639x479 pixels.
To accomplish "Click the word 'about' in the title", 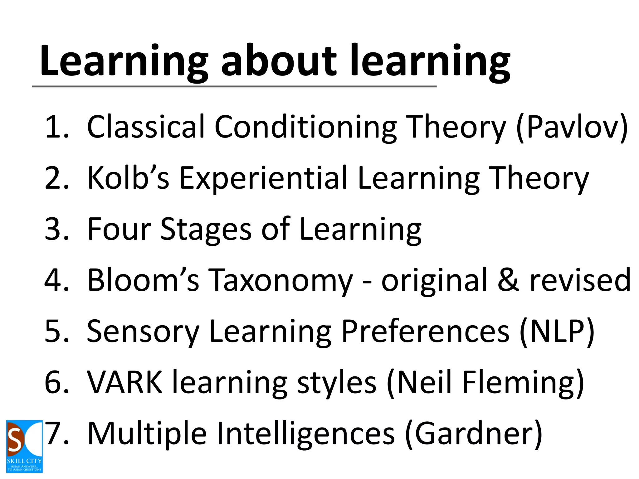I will [x=279, y=61].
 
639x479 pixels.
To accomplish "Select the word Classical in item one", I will [x=146, y=126].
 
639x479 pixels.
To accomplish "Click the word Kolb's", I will [x=128, y=178].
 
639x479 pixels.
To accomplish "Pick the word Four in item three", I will [x=119, y=229].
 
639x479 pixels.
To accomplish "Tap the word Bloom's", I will [x=143, y=280].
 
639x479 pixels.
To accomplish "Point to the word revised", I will [x=580, y=280].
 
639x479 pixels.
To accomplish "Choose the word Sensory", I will [x=143, y=331].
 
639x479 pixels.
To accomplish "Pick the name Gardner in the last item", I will [x=473, y=433].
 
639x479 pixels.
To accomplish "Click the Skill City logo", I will [x=24, y=446].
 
